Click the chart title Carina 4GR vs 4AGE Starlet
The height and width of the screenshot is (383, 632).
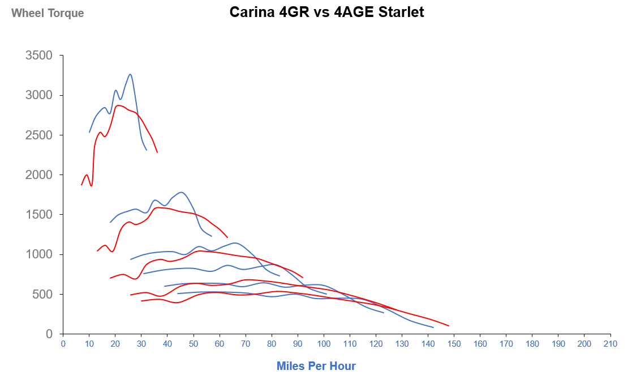pos(326,12)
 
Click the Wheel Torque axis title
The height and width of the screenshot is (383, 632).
pos(48,13)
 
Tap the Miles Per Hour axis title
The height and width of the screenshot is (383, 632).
pos(316,366)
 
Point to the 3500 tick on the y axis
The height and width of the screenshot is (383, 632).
pos(39,56)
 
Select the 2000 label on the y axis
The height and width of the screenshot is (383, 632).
pos(39,175)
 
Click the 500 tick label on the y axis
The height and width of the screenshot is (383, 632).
pos(42,294)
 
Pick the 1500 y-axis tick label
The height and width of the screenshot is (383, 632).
pos(39,215)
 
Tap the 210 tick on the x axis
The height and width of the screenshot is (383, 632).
pos(610,344)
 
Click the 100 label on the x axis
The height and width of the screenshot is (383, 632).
pos(324,344)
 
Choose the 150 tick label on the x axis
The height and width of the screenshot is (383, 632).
pos(454,344)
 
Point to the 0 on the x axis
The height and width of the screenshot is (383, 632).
pos(63,344)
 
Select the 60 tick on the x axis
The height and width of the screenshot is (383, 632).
pos(220,344)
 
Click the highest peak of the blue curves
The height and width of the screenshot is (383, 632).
pos(131,74)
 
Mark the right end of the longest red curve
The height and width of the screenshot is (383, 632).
pos(449,326)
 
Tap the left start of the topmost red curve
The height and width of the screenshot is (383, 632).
pos(81,185)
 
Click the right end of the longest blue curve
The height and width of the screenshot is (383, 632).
pos(433,327)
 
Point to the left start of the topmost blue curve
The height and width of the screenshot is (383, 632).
pos(89,132)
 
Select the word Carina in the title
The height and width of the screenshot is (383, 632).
pos(250,12)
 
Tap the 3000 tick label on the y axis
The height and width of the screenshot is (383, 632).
pos(39,95)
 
